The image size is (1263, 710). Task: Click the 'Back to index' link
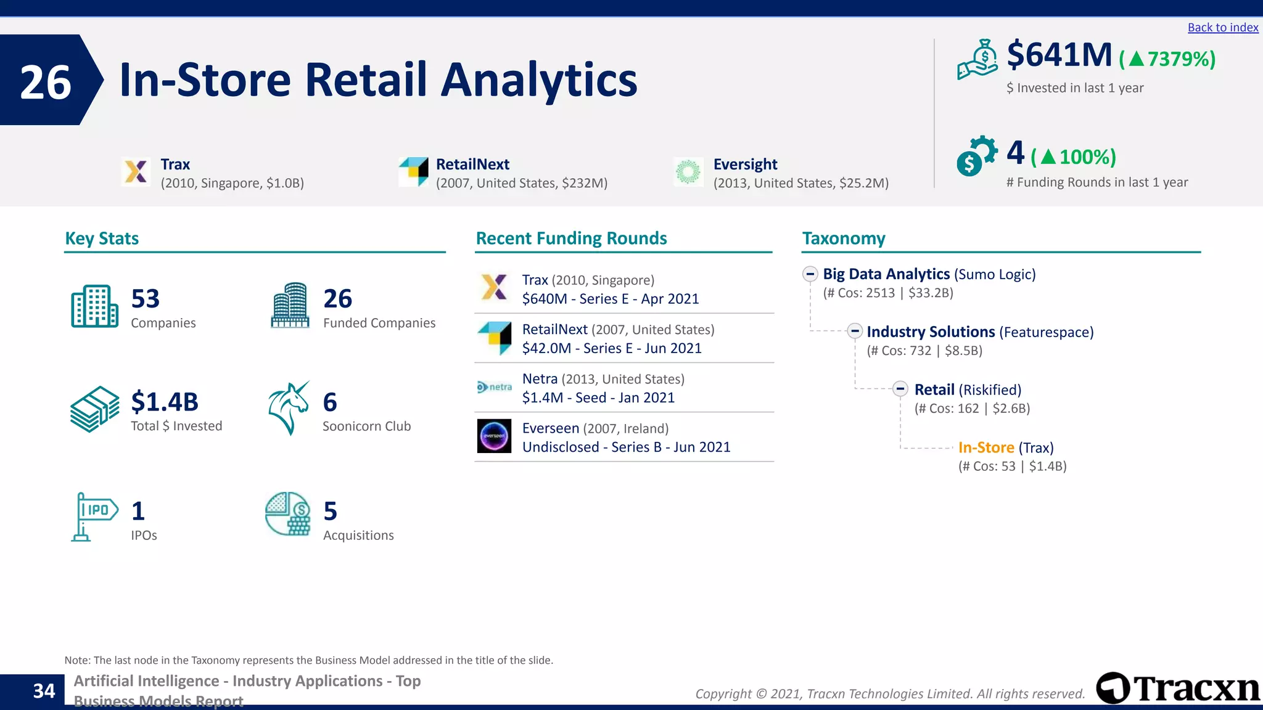point(1222,28)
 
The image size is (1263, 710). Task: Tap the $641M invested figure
point(1059,55)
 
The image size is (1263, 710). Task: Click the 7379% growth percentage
point(1167,59)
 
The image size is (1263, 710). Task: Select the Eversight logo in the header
point(688,171)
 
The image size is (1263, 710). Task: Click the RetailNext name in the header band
point(472,165)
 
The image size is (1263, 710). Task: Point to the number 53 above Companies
point(146,299)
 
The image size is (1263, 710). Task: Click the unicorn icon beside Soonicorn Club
point(289,408)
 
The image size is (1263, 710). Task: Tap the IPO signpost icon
point(94,516)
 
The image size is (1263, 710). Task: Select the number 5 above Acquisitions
point(331,512)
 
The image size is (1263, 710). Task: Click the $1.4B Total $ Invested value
point(165,402)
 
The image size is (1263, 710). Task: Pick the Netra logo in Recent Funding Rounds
point(494,387)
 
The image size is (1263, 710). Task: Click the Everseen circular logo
point(494,436)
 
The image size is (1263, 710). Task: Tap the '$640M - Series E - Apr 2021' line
point(610,299)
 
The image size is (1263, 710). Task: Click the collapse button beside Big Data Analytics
point(810,274)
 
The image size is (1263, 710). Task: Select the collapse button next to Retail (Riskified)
point(900,389)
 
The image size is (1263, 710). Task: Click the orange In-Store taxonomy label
point(985,447)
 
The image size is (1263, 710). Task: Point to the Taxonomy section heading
point(843,239)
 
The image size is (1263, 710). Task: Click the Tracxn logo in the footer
point(1178,688)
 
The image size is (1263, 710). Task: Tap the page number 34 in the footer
point(44,691)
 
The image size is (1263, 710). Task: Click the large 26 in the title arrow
point(46,83)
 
